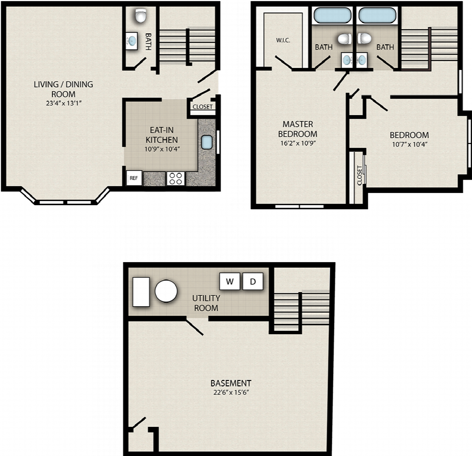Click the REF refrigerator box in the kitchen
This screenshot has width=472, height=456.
click(x=134, y=178)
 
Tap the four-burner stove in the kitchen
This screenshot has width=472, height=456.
click(x=175, y=179)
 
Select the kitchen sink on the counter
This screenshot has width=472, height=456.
click(x=206, y=142)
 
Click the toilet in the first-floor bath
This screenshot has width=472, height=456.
click(x=141, y=15)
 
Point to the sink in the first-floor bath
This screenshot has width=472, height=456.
click(x=132, y=41)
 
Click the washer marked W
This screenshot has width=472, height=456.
click(x=230, y=281)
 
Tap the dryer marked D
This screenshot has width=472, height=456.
click(x=253, y=281)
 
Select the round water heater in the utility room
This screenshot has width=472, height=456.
click(x=166, y=291)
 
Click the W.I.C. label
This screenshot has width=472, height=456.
click(x=283, y=40)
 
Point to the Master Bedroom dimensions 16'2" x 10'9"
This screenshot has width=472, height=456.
click(x=298, y=143)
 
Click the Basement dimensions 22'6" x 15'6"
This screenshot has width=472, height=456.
click(x=231, y=392)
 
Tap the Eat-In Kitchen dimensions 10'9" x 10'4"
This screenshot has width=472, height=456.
click(x=162, y=149)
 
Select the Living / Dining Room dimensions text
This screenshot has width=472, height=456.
click(x=64, y=103)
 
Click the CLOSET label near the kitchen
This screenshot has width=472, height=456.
click(x=203, y=107)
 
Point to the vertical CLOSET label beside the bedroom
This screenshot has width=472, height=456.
click(x=360, y=175)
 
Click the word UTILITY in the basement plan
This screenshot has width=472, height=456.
click(x=206, y=298)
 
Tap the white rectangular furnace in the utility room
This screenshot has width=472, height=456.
click(x=141, y=292)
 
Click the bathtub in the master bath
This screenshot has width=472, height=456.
click(x=332, y=15)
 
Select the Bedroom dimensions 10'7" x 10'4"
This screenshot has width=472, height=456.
click(x=409, y=145)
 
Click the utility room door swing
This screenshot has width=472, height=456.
click(x=195, y=327)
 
